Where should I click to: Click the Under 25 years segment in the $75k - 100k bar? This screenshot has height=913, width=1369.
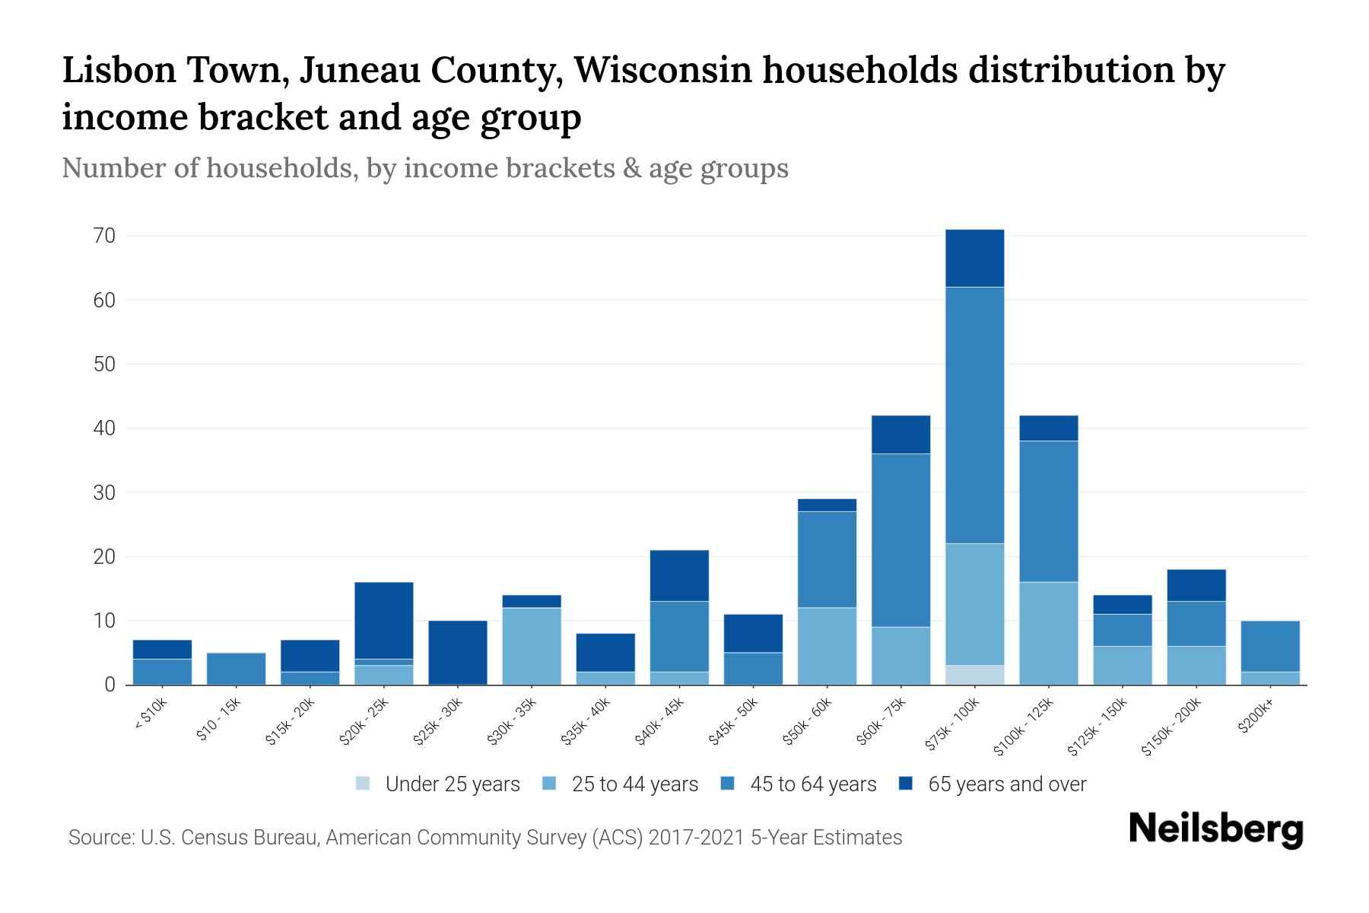pos(974,675)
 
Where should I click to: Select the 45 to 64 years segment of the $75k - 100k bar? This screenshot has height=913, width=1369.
pos(974,415)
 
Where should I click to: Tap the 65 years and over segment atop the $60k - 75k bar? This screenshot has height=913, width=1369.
pos(900,434)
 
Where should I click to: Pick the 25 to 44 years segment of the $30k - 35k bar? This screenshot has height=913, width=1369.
pos(531,646)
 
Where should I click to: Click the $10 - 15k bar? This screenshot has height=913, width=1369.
pos(236,669)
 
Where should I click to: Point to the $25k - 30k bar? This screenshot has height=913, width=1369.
pos(457,653)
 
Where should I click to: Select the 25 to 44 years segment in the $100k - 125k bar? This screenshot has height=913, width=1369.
pos(1048,633)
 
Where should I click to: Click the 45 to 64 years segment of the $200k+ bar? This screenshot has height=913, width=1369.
pos(1269,646)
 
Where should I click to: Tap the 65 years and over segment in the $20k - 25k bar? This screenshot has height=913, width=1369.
pos(383,620)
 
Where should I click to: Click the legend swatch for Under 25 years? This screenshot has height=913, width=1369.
pos(364,784)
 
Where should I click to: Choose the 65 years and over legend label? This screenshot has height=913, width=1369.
pos(1006,784)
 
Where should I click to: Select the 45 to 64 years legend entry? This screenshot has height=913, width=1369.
pos(812,784)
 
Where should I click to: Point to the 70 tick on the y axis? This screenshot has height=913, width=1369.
pos(105,236)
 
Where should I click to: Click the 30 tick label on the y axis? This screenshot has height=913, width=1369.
pos(105,493)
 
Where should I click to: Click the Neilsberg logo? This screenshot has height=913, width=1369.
pos(1215,829)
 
